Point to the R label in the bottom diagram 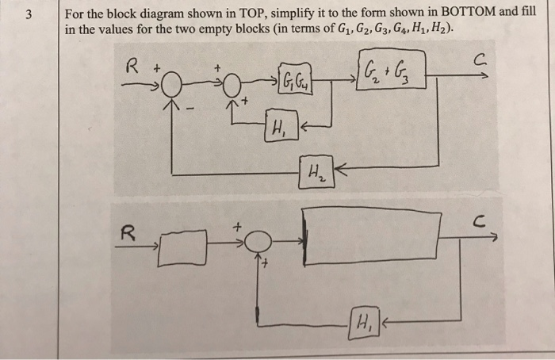tap(125, 233)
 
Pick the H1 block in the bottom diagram tap(362, 324)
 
